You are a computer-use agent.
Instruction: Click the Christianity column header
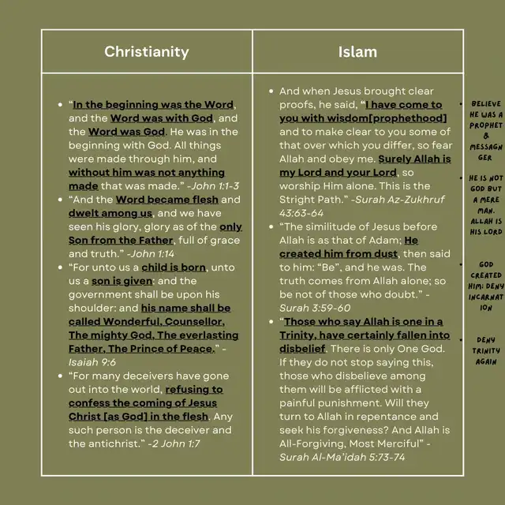[147, 52]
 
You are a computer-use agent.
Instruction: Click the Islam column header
[357, 52]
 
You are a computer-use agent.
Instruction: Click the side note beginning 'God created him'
[486, 286]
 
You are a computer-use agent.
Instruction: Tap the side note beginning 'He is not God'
[486, 205]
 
